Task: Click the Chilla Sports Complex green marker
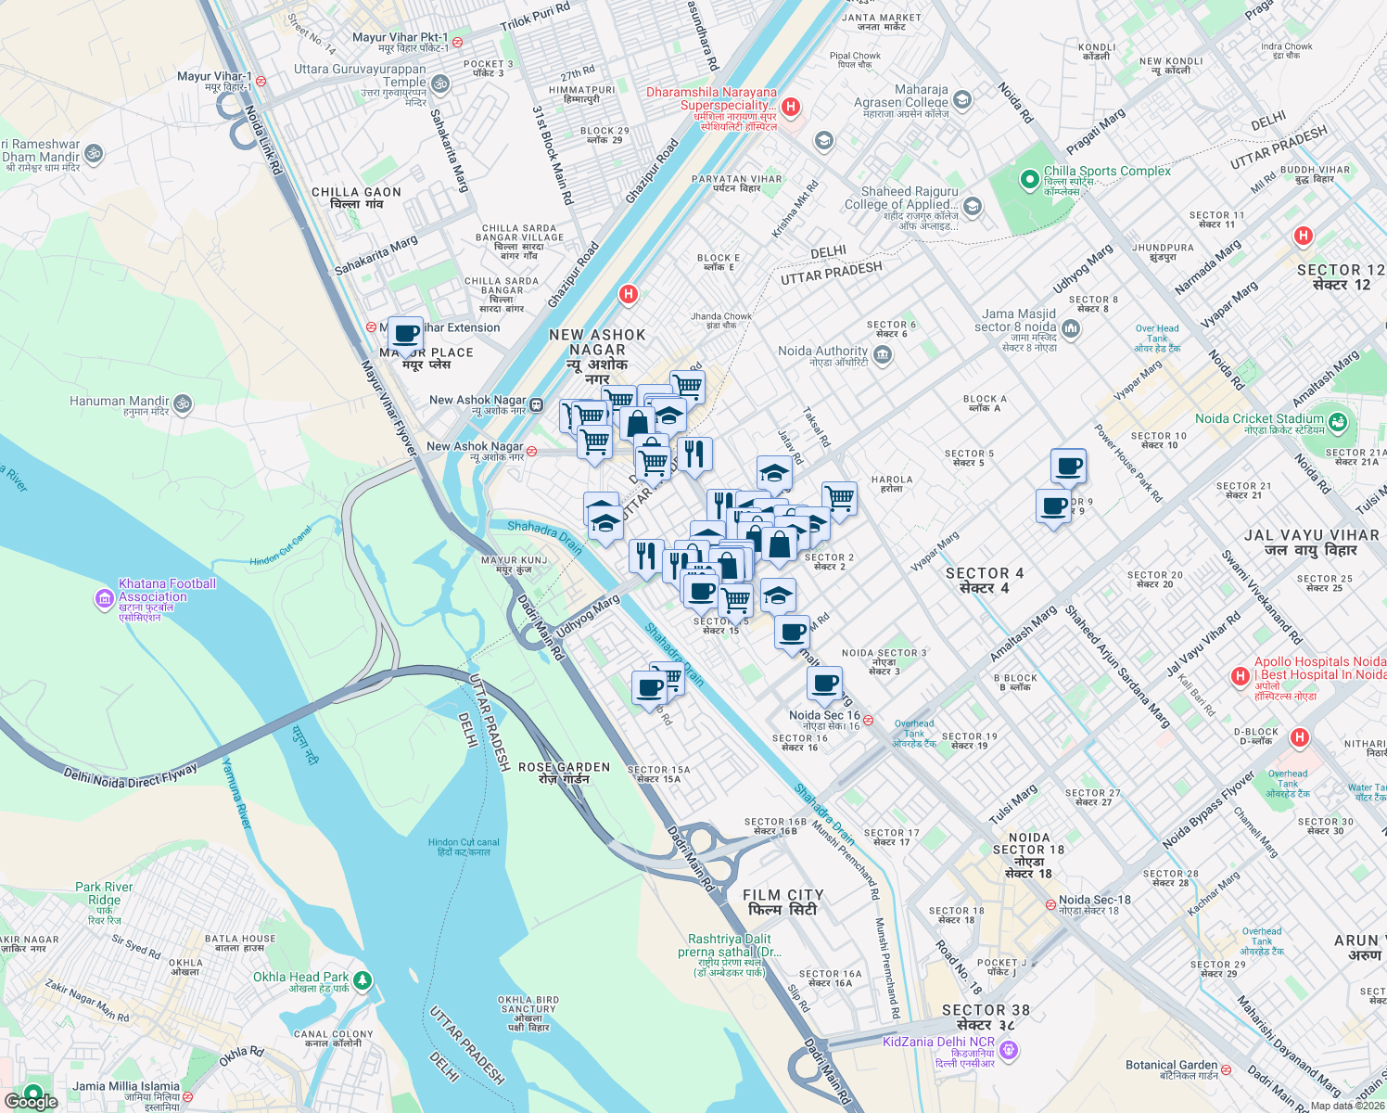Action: (1028, 179)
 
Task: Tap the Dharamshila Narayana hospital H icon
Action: (791, 107)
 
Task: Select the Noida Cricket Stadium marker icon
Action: (1337, 423)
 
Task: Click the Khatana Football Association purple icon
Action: (104, 599)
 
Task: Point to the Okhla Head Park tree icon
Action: (363, 979)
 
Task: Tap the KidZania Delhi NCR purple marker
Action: (1010, 1050)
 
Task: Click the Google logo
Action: (32, 1101)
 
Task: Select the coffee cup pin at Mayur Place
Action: (405, 334)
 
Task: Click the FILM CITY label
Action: (783, 902)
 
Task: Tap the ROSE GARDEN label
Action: (564, 773)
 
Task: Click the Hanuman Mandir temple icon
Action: (183, 403)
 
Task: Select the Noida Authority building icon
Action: (883, 354)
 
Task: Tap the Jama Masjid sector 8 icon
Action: (1071, 328)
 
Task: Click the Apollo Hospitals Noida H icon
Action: (1240, 677)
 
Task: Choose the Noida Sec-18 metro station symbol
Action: (1050, 904)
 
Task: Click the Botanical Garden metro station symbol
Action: (1226, 1069)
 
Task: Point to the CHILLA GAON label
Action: (356, 198)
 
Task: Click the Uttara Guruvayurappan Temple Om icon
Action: (440, 84)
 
